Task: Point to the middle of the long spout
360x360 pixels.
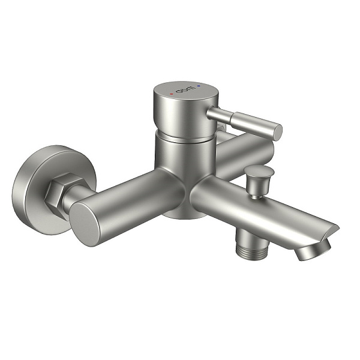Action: click(x=258, y=210)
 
